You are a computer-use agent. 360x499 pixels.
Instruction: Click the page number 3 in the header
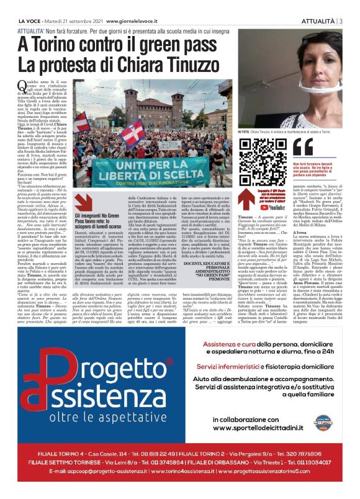[340, 21]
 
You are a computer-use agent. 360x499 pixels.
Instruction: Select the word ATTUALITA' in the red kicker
[34, 29]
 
